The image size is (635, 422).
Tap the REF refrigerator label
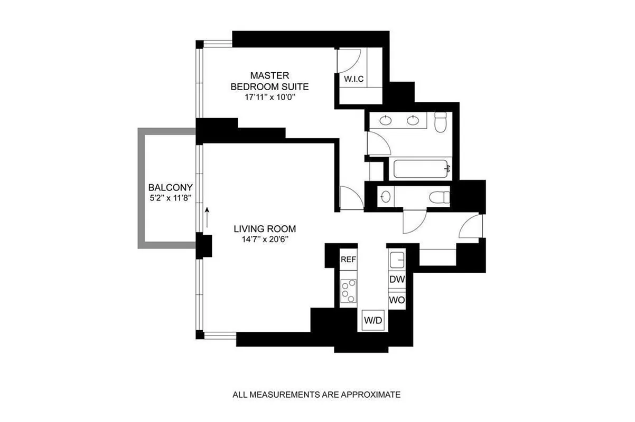(x=348, y=260)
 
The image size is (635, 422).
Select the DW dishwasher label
(x=397, y=280)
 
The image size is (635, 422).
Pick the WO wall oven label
(x=397, y=300)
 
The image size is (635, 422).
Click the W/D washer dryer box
(x=372, y=320)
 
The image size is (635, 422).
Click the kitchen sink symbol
(x=397, y=260)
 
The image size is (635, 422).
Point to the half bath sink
(x=386, y=197)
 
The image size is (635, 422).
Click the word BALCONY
(x=170, y=187)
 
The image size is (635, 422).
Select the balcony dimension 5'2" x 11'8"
(x=170, y=198)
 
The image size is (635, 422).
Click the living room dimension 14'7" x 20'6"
(x=264, y=239)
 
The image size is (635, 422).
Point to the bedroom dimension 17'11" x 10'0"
(x=269, y=97)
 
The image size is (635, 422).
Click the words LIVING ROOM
(x=264, y=229)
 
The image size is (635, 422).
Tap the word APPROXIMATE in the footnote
(x=373, y=394)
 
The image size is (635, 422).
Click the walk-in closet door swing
(x=352, y=61)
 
